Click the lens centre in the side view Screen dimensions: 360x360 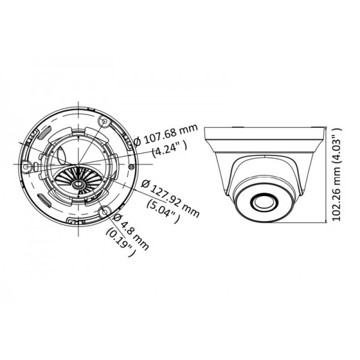(262, 202)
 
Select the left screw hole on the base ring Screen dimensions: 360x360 (27, 164)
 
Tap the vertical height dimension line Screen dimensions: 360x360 (327, 174)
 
